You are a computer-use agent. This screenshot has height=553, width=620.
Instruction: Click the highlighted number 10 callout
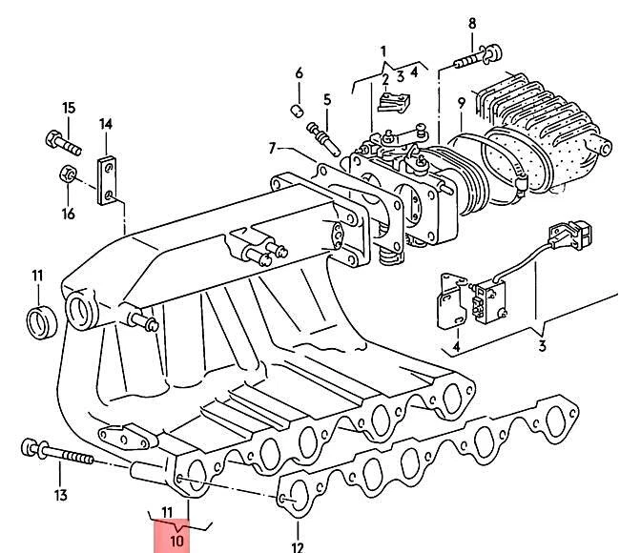tap(176, 541)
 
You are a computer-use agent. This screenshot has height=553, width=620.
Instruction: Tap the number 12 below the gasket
tap(297, 546)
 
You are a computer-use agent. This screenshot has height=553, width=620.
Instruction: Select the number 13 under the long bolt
tap(60, 494)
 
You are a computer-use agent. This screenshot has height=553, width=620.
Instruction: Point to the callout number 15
tap(69, 107)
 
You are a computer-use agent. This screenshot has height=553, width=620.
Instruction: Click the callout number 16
tap(69, 214)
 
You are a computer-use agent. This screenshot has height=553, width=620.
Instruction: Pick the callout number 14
tap(106, 124)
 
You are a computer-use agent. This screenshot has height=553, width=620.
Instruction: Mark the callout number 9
tap(461, 102)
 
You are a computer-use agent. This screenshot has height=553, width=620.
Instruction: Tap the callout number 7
tap(272, 148)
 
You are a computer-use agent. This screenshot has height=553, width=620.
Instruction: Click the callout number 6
tap(299, 73)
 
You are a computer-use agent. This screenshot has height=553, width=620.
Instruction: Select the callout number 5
tap(326, 99)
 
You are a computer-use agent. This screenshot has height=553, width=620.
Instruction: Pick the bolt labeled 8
tap(477, 59)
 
